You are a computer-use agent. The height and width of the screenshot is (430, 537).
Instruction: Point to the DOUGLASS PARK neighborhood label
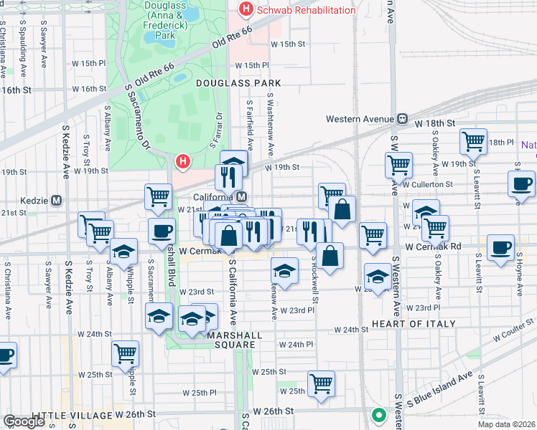(238, 83)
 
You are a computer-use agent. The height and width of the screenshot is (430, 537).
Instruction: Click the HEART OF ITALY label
(414, 324)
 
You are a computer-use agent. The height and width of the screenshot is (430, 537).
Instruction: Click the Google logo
(24, 421)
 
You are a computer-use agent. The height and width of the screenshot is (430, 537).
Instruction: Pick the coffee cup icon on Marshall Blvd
(162, 231)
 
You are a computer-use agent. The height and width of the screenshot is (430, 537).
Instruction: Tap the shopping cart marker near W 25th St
(321, 383)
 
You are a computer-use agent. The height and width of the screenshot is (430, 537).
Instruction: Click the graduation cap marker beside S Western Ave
(378, 276)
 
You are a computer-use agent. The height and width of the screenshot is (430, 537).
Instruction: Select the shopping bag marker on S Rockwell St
(330, 256)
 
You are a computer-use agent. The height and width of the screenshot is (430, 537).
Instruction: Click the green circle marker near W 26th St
(378, 415)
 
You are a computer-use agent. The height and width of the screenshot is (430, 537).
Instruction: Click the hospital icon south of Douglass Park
(183, 162)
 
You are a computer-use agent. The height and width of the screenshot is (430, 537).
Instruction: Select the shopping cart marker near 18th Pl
(474, 141)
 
